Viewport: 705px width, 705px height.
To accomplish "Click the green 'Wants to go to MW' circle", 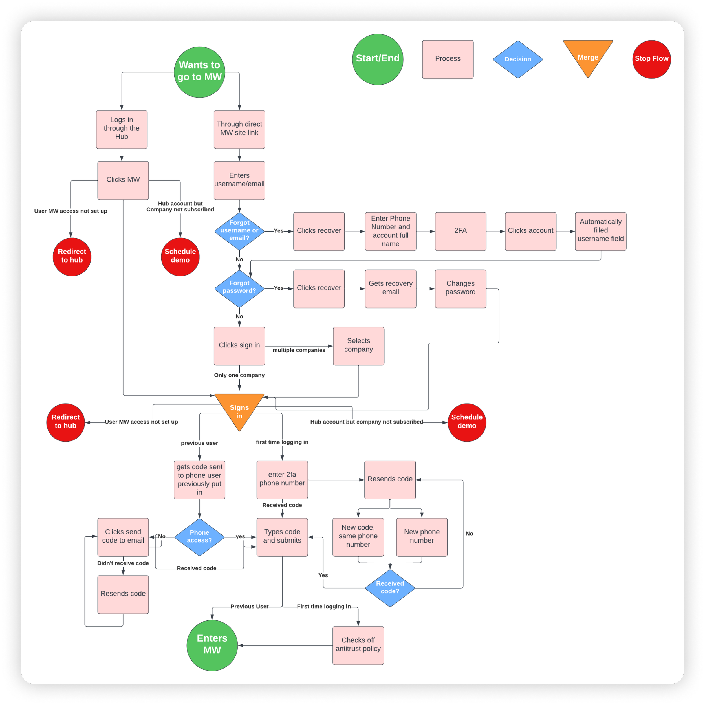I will click(x=199, y=72).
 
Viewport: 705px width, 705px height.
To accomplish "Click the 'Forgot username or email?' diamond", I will click(x=239, y=231).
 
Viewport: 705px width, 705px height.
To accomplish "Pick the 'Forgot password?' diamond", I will click(x=239, y=288).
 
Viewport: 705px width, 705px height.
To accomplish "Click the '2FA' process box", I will click(x=460, y=231).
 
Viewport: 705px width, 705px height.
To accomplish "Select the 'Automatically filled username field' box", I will click(x=600, y=231).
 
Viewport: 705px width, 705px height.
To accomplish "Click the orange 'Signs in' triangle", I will click(x=239, y=409).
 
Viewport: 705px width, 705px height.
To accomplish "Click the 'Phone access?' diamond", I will click(x=199, y=537).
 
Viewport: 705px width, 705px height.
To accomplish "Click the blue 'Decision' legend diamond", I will click(x=517, y=59).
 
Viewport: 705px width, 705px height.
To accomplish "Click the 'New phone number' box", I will click(x=422, y=537).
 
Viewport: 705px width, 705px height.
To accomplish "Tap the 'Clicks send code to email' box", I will click(x=123, y=537).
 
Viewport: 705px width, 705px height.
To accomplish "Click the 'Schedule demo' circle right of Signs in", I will click(x=466, y=422).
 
